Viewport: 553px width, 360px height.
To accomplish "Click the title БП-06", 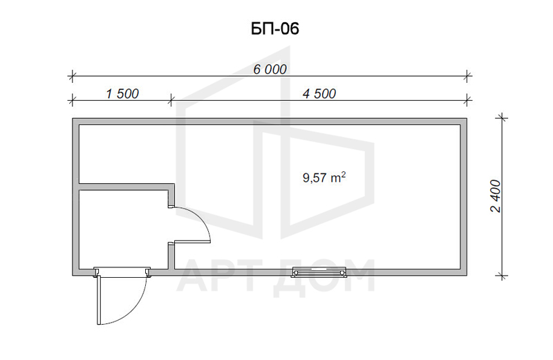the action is pyautogui.click(x=274, y=28).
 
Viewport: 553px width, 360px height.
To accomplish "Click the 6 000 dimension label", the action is pyautogui.click(x=270, y=70).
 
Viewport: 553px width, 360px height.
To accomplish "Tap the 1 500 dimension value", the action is pyautogui.click(x=122, y=94).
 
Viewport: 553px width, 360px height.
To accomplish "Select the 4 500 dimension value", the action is pyautogui.click(x=319, y=94).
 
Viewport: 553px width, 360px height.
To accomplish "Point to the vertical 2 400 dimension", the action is pyautogui.click(x=496, y=196).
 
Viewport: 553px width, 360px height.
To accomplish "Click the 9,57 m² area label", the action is pyautogui.click(x=324, y=177).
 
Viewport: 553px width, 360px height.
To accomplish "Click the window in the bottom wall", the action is pyautogui.click(x=319, y=272).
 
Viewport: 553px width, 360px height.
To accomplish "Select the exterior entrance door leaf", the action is pyautogui.click(x=100, y=300).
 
